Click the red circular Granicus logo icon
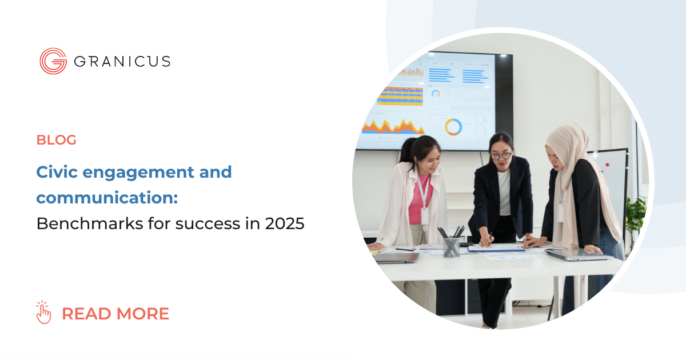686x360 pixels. click(53, 61)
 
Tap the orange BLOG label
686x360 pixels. click(56, 139)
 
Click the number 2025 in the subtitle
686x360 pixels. click(285, 224)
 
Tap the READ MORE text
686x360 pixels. click(115, 314)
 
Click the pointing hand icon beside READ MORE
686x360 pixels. click(43, 313)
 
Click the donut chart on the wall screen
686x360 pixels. click(453, 127)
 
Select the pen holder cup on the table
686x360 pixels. click(452, 246)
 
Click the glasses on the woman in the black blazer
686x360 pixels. click(501, 155)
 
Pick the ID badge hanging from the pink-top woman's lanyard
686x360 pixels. click(424, 215)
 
